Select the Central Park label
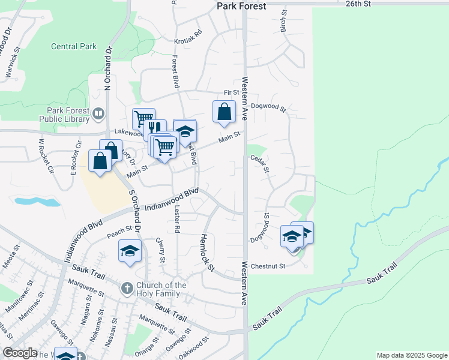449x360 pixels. click(x=74, y=46)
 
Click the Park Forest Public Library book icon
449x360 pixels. click(x=98, y=112)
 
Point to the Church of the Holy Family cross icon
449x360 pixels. click(x=127, y=289)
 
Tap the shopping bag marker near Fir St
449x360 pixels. click(x=224, y=112)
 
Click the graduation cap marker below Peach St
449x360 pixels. click(x=129, y=251)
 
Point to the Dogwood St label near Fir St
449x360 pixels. click(x=269, y=107)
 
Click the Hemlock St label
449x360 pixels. click(x=206, y=252)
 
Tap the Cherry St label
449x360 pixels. click(x=160, y=250)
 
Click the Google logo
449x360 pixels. click(x=20, y=353)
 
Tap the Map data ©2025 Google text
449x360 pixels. click(x=411, y=355)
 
